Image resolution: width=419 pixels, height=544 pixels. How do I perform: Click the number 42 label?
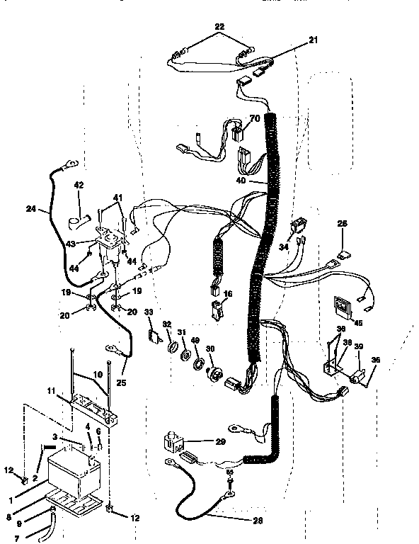[x=79, y=186]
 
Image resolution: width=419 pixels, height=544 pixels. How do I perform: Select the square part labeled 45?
[x=343, y=307]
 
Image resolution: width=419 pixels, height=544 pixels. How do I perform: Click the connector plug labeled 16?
[x=217, y=310]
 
